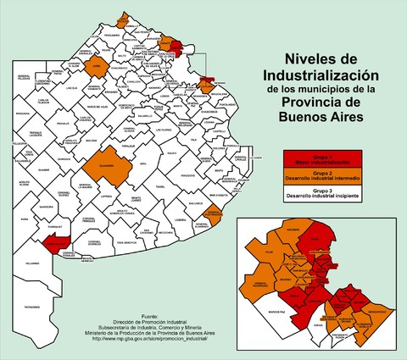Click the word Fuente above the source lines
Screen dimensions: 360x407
tap(149, 314)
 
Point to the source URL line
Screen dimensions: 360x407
tap(149, 341)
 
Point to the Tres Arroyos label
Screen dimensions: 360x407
tap(125, 242)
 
